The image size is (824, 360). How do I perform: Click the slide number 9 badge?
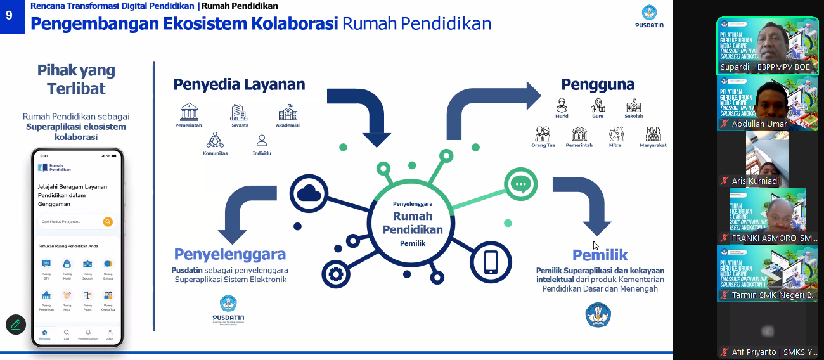tap(10, 15)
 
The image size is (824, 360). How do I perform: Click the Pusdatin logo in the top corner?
tap(648, 16)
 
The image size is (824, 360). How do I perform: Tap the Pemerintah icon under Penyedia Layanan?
tap(189, 112)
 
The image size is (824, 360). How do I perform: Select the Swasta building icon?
tap(239, 112)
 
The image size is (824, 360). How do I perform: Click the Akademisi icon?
tap(288, 112)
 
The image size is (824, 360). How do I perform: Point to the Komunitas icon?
tap(215, 140)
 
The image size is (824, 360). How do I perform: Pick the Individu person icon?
tap(261, 141)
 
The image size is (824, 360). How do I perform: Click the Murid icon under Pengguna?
tap(562, 105)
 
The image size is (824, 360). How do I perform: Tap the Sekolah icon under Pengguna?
tap(633, 105)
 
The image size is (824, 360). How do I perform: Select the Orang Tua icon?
tap(543, 134)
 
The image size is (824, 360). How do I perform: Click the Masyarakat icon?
tap(653, 134)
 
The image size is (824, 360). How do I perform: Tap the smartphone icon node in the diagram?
tap(491, 261)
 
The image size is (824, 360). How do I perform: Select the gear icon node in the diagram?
tap(335, 274)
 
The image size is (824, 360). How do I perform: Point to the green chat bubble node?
tap(520, 184)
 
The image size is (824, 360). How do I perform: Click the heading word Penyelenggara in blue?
tap(230, 255)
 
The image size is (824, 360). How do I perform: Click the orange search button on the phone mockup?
tap(108, 222)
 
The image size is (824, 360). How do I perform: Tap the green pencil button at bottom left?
tap(16, 325)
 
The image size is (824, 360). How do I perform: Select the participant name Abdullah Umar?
tap(759, 124)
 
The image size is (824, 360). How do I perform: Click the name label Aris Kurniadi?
tap(756, 181)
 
